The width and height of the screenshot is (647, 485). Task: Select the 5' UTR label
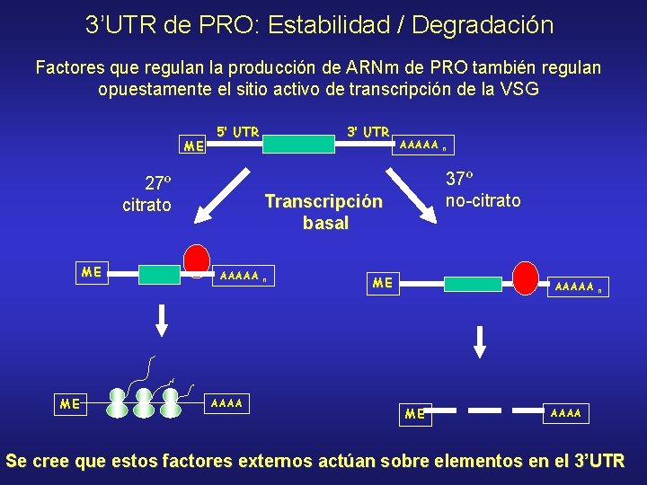coord(238,132)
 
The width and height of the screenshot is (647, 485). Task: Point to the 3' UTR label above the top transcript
coord(368,132)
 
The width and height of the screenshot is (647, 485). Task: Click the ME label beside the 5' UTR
coord(193,145)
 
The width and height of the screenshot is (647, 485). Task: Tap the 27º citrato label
coord(146,194)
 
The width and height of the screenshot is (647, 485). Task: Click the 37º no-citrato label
coord(483,190)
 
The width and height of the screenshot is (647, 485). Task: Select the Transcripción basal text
coord(323,213)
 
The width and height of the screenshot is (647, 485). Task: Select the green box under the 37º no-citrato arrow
coord(472,284)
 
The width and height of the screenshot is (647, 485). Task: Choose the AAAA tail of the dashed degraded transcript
coord(566,413)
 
